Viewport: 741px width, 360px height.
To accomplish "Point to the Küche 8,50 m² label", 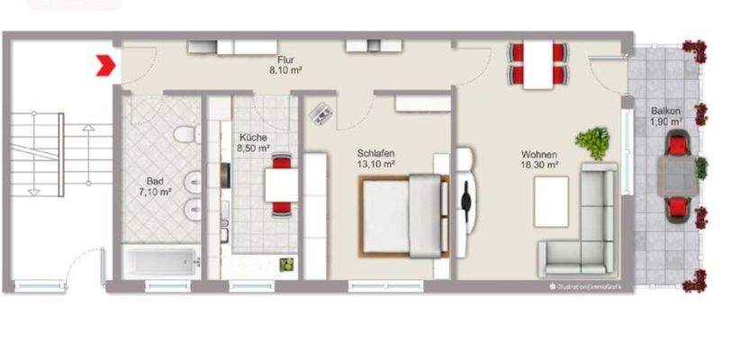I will tap(252, 141).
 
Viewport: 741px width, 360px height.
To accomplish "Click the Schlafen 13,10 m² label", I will tap(375, 158).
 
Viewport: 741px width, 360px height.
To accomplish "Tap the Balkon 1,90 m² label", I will tap(666, 117).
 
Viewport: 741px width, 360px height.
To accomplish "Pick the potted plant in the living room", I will tap(592, 142).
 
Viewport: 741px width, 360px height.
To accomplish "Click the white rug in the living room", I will tap(551, 201).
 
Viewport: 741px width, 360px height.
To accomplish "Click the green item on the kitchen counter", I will tap(287, 264).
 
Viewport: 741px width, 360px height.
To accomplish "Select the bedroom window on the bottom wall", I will tap(385, 285).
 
